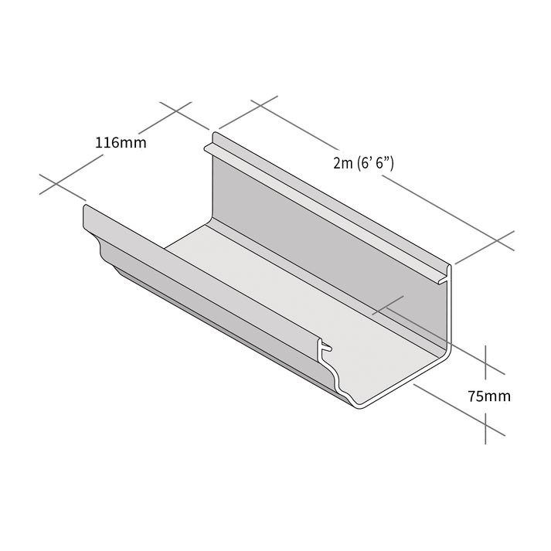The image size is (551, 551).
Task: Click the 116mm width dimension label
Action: coord(121,142)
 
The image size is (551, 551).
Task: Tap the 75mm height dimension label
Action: coord(488,396)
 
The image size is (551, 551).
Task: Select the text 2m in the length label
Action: coord(342,163)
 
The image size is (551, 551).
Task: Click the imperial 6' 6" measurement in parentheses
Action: coord(376,163)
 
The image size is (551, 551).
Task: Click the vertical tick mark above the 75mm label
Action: coord(485,359)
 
